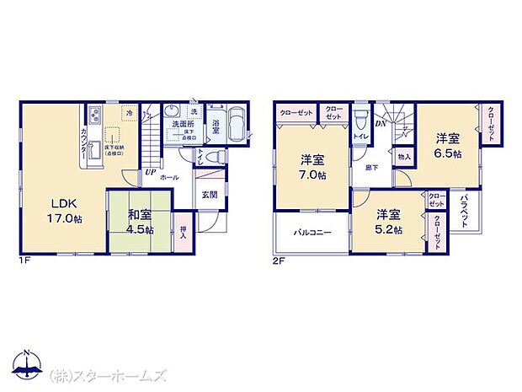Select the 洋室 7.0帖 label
pyautogui.click(x=313, y=168)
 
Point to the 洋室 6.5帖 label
pyautogui.click(x=447, y=146)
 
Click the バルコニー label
pyautogui.click(x=312, y=232)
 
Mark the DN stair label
pyautogui.click(x=379, y=123)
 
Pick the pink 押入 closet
pyautogui.click(x=184, y=229)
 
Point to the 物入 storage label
pyautogui.click(x=404, y=157)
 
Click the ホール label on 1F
pyautogui.click(x=169, y=179)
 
